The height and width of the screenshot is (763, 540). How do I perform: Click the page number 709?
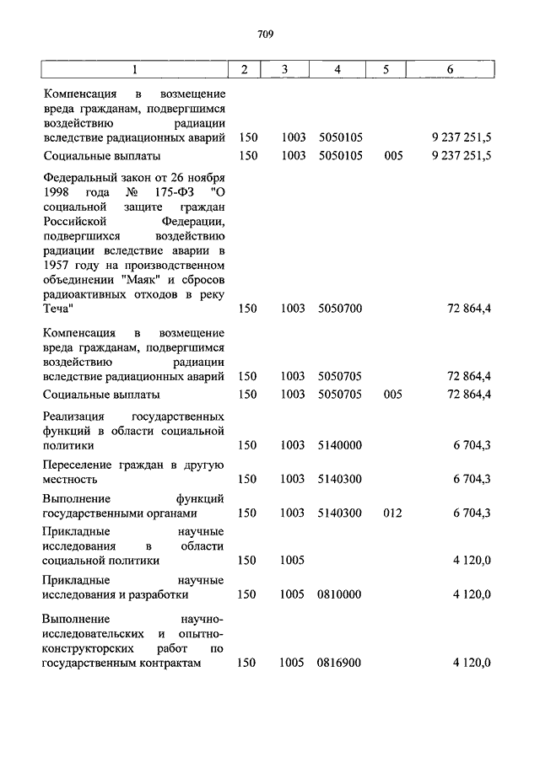point(264,35)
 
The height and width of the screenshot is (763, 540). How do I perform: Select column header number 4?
point(337,70)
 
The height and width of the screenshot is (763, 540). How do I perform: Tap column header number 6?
point(451,70)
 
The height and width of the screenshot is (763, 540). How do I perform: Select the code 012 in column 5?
point(391,513)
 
